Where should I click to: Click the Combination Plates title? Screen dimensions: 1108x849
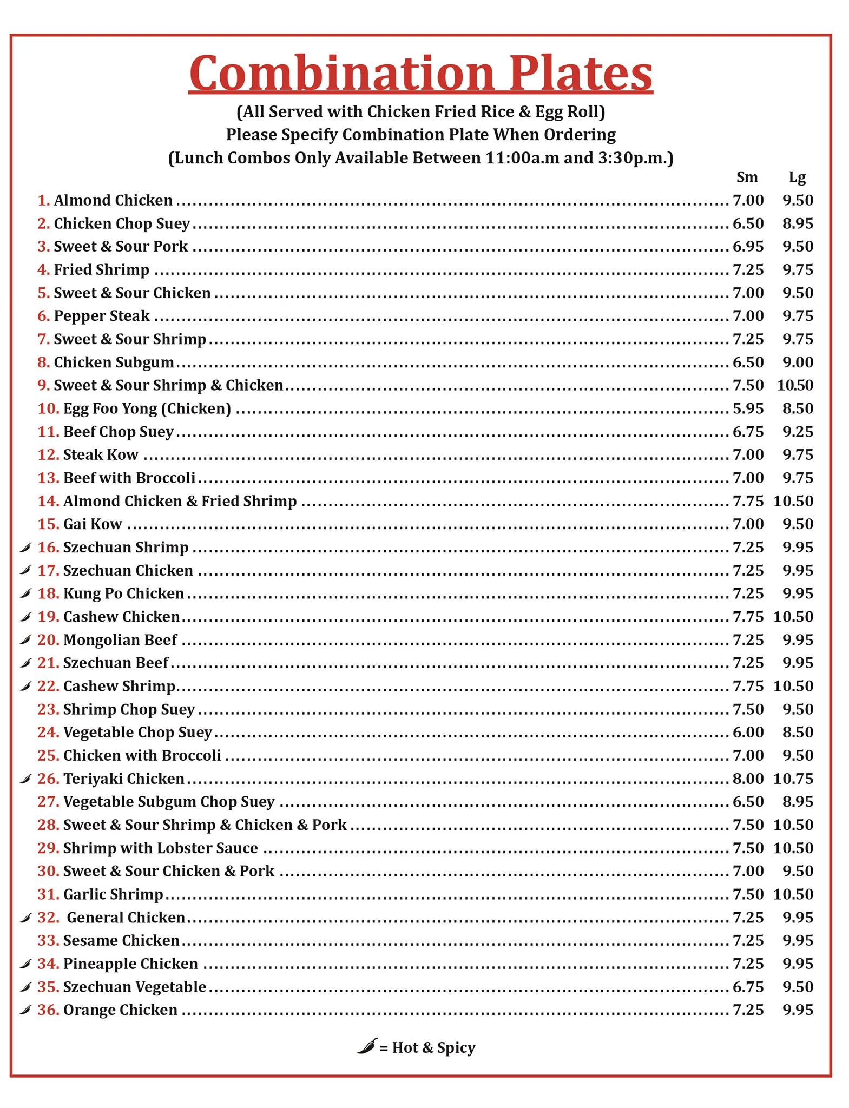(420, 73)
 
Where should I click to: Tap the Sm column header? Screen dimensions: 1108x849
(747, 177)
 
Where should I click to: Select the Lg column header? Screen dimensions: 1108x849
(797, 177)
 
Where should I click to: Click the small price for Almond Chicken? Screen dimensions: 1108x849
(748, 200)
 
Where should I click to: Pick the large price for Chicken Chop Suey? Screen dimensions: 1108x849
(798, 223)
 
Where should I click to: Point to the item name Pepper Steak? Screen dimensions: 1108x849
(102, 316)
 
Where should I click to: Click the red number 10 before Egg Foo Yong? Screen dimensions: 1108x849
(48, 408)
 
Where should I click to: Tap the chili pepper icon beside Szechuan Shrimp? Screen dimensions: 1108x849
(25, 548)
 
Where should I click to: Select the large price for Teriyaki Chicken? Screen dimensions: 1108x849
(793, 779)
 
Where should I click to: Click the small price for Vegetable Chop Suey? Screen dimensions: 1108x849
(748, 732)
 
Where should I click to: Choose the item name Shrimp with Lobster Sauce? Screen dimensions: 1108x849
(160, 848)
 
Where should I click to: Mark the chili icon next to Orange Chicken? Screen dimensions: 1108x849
(25, 1010)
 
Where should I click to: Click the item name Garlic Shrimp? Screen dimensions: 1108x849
(113, 894)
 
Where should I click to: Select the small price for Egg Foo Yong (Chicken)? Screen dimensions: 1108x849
(748, 408)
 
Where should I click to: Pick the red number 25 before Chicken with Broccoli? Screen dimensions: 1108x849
(48, 755)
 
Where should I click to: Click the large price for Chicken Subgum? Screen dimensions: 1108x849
(798, 362)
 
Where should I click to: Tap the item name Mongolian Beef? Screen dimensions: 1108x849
(120, 640)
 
